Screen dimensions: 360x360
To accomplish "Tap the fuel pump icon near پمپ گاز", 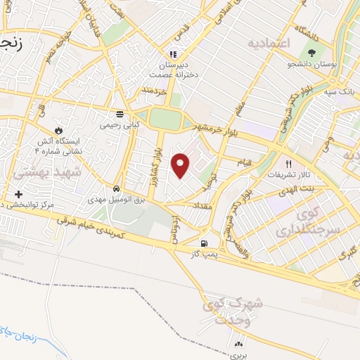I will [204, 244].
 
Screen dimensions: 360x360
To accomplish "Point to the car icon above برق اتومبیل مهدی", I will [115, 189].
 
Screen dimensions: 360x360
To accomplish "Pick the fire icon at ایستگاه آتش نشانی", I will [58, 131].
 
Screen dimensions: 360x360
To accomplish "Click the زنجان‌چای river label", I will [19, 328].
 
